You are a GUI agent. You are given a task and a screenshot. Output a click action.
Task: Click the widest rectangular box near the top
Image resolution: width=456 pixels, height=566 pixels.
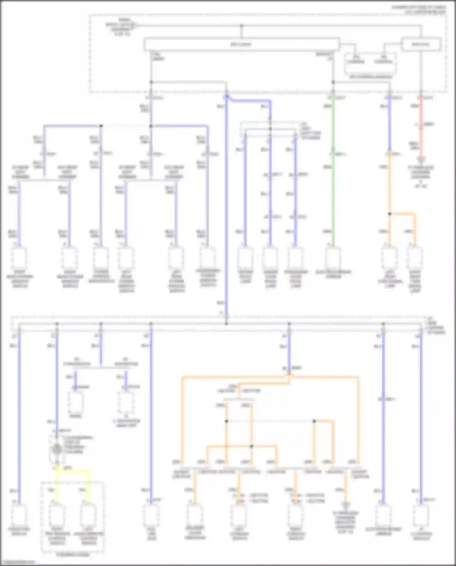241,44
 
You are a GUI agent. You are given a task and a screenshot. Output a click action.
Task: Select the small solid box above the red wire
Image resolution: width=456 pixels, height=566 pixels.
421,44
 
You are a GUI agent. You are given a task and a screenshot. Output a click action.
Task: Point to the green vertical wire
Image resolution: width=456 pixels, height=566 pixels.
333,170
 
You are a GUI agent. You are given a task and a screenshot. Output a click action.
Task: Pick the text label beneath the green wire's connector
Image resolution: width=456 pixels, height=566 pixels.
333,274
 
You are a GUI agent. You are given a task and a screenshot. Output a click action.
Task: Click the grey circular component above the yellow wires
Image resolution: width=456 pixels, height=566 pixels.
57,449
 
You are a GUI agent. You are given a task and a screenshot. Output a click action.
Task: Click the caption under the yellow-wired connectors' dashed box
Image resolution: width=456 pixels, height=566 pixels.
73,554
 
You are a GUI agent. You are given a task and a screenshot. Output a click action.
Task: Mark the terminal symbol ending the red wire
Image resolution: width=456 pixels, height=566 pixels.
421,159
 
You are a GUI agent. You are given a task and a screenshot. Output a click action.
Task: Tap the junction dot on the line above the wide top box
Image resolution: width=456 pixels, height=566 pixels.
241,26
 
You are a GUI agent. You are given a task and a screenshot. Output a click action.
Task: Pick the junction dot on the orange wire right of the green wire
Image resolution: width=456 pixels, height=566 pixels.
390,214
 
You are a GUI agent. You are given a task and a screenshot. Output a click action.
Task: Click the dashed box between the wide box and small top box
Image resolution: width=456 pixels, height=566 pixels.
370,64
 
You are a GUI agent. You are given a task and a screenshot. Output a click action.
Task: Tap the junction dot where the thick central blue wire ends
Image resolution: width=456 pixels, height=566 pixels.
226,324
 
